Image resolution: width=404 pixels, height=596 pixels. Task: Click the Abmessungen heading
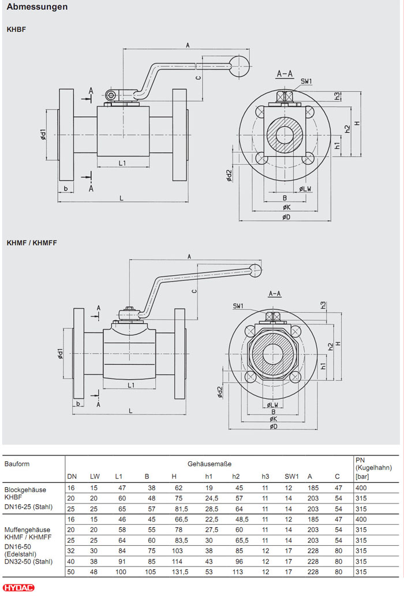click(37, 8)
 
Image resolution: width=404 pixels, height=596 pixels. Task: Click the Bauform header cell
click(17, 464)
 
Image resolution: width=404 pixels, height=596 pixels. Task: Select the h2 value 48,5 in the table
click(240, 520)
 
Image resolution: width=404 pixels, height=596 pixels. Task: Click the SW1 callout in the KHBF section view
click(306, 82)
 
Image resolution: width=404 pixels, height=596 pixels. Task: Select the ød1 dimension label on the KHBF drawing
click(43, 135)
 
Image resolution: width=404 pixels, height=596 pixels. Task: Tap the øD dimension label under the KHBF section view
click(286, 217)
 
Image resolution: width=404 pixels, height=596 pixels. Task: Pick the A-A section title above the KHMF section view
click(275, 294)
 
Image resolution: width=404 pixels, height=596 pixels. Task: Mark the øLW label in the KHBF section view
click(305, 189)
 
